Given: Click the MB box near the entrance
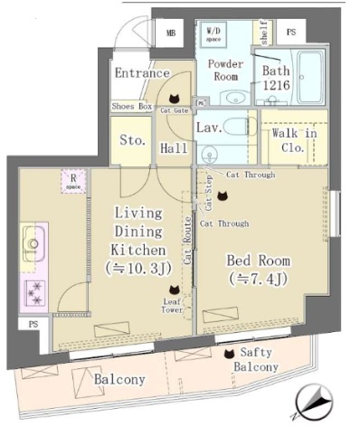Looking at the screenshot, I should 171,34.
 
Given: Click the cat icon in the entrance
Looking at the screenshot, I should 175,100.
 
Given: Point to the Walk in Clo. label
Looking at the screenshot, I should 294,140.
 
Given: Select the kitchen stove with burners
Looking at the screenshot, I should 35,291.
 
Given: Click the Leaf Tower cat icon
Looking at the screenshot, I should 174,290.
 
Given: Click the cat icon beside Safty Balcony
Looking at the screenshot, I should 228,354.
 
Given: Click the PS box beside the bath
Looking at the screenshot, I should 291,33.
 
